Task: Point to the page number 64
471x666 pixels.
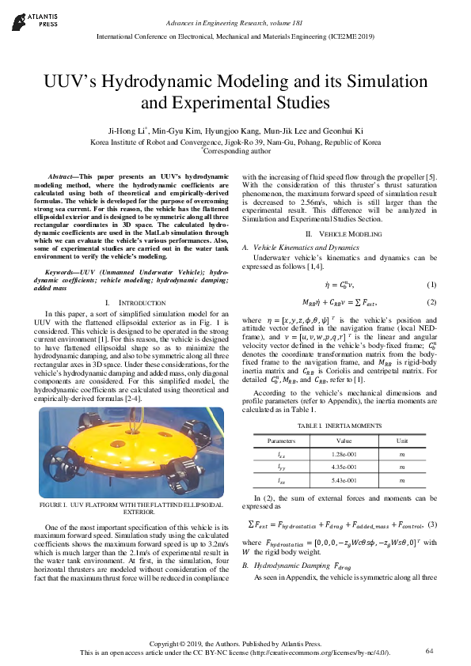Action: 430,651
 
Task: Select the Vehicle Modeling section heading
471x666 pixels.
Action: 338,235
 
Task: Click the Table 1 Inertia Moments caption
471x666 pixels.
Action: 341,426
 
